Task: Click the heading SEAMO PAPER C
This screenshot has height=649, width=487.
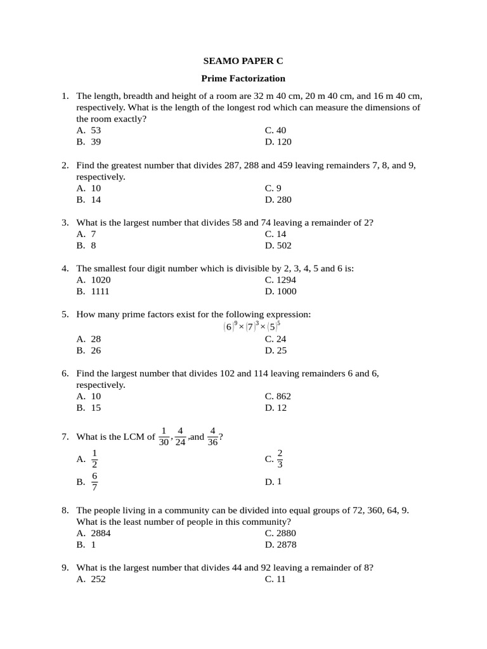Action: (x=243, y=61)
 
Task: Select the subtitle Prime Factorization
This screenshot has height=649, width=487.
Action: (x=243, y=79)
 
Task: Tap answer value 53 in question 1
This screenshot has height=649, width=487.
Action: (x=96, y=131)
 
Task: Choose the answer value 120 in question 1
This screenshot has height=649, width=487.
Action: (x=284, y=142)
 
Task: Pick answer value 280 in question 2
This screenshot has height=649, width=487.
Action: (x=284, y=200)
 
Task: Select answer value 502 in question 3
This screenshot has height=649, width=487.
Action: (x=284, y=246)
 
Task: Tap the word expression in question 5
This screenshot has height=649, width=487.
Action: (x=289, y=314)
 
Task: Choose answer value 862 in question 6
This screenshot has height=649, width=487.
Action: (x=284, y=396)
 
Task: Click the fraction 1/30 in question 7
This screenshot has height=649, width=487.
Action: (x=164, y=436)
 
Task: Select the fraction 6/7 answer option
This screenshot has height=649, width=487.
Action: (x=94, y=482)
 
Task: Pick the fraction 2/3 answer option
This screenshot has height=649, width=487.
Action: (x=280, y=459)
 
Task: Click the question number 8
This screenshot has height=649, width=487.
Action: (x=65, y=510)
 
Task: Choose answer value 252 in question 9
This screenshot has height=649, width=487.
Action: (x=98, y=579)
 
